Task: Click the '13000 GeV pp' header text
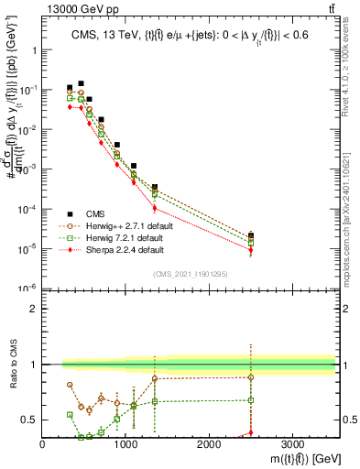pos(76,8)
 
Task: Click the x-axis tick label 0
pos(43,442)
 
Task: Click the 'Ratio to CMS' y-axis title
pos(12,364)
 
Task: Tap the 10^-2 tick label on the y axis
pos(29,129)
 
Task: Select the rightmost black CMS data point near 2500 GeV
pos(251,235)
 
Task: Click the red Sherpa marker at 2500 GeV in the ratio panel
pos(251,433)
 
